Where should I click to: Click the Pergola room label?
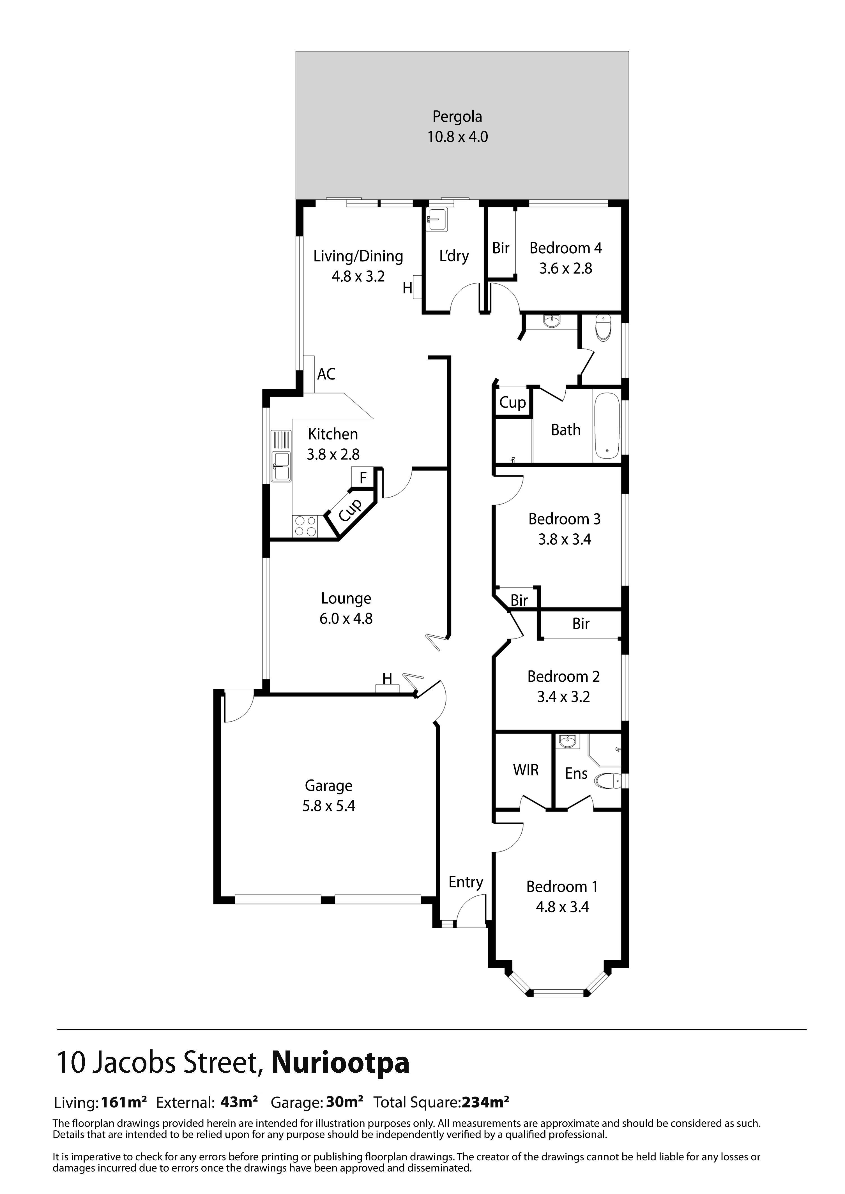457,117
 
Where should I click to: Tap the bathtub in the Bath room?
607,425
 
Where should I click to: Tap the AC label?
326,374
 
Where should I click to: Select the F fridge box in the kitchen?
363,477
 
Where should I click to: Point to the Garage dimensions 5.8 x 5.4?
329,806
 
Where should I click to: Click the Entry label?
466,882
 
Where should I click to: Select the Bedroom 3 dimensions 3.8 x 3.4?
565,539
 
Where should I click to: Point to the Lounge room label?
346,599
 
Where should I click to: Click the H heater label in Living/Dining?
407,288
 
